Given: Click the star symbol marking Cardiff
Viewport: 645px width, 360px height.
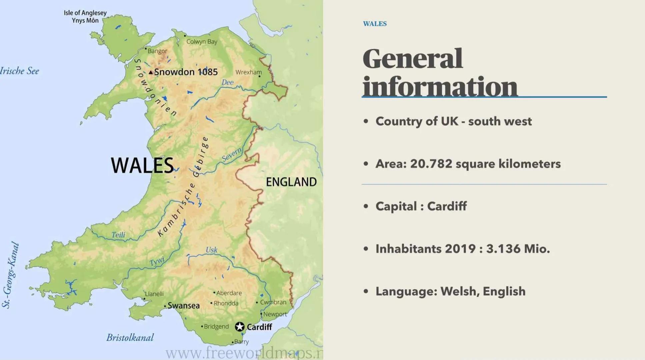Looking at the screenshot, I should pyautogui.click(x=239, y=327).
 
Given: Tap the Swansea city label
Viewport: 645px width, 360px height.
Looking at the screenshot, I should pyautogui.click(x=183, y=306).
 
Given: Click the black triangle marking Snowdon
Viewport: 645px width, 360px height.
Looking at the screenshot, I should pyautogui.click(x=151, y=72).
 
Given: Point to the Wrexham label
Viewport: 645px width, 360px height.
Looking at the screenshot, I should pyautogui.click(x=248, y=72).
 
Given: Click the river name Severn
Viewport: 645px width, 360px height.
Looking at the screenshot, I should pyautogui.click(x=232, y=155).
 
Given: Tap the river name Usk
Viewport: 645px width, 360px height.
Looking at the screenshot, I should pyautogui.click(x=211, y=250).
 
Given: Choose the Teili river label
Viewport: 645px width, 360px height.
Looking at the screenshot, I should pyautogui.click(x=118, y=235).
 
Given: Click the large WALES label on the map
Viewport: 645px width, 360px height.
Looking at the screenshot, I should pyautogui.click(x=142, y=165).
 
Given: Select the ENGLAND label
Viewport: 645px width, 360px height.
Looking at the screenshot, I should pyautogui.click(x=291, y=182).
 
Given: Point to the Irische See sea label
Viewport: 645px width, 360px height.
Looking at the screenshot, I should pyautogui.click(x=19, y=71).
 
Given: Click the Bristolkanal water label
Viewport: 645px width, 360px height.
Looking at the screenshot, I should pyautogui.click(x=130, y=338).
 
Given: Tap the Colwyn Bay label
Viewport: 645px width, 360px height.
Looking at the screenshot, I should pyautogui.click(x=202, y=42).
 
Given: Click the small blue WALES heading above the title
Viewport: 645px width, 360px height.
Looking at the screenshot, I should pyautogui.click(x=375, y=24).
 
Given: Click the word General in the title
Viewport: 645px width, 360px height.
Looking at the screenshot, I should pyautogui.click(x=412, y=59).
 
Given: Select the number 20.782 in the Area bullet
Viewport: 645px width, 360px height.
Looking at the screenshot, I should pyautogui.click(x=431, y=164).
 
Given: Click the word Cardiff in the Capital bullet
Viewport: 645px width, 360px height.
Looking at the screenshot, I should pyautogui.click(x=447, y=206).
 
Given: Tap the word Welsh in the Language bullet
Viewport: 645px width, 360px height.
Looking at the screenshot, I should pyautogui.click(x=460, y=291).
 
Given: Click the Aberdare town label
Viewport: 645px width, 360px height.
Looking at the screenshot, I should pyautogui.click(x=229, y=293).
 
